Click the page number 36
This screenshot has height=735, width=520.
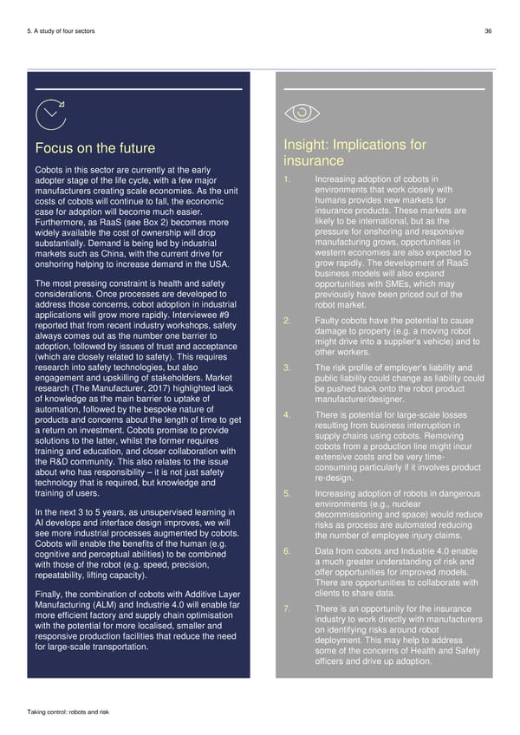(x=489, y=31)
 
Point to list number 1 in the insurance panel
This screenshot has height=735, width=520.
(x=286, y=179)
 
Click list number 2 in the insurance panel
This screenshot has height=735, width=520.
(x=286, y=322)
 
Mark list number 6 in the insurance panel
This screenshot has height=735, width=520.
(x=286, y=552)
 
